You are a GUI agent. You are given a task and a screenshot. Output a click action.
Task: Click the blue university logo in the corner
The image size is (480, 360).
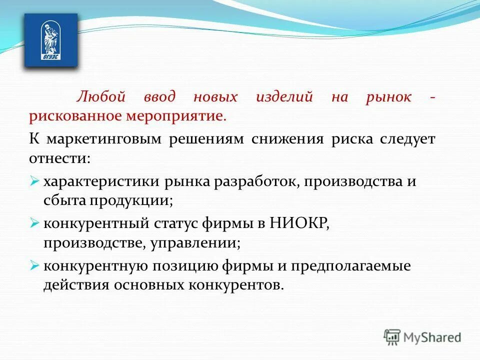pyautogui.click(x=51, y=40)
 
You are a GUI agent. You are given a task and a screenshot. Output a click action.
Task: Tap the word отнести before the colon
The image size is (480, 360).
pyautogui.click(x=58, y=158)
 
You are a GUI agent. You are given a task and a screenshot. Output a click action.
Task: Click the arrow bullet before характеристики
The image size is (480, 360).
pyautogui.click(x=34, y=181)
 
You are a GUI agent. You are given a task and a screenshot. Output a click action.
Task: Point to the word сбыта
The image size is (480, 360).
pyautogui.click(x=64, y=200)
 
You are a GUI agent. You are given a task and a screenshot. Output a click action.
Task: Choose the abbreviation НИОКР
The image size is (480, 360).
pyautogui.click(x=299, y=223)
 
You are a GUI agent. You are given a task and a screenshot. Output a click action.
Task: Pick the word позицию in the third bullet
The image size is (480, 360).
pyautogui.click(x=179, y=266)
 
